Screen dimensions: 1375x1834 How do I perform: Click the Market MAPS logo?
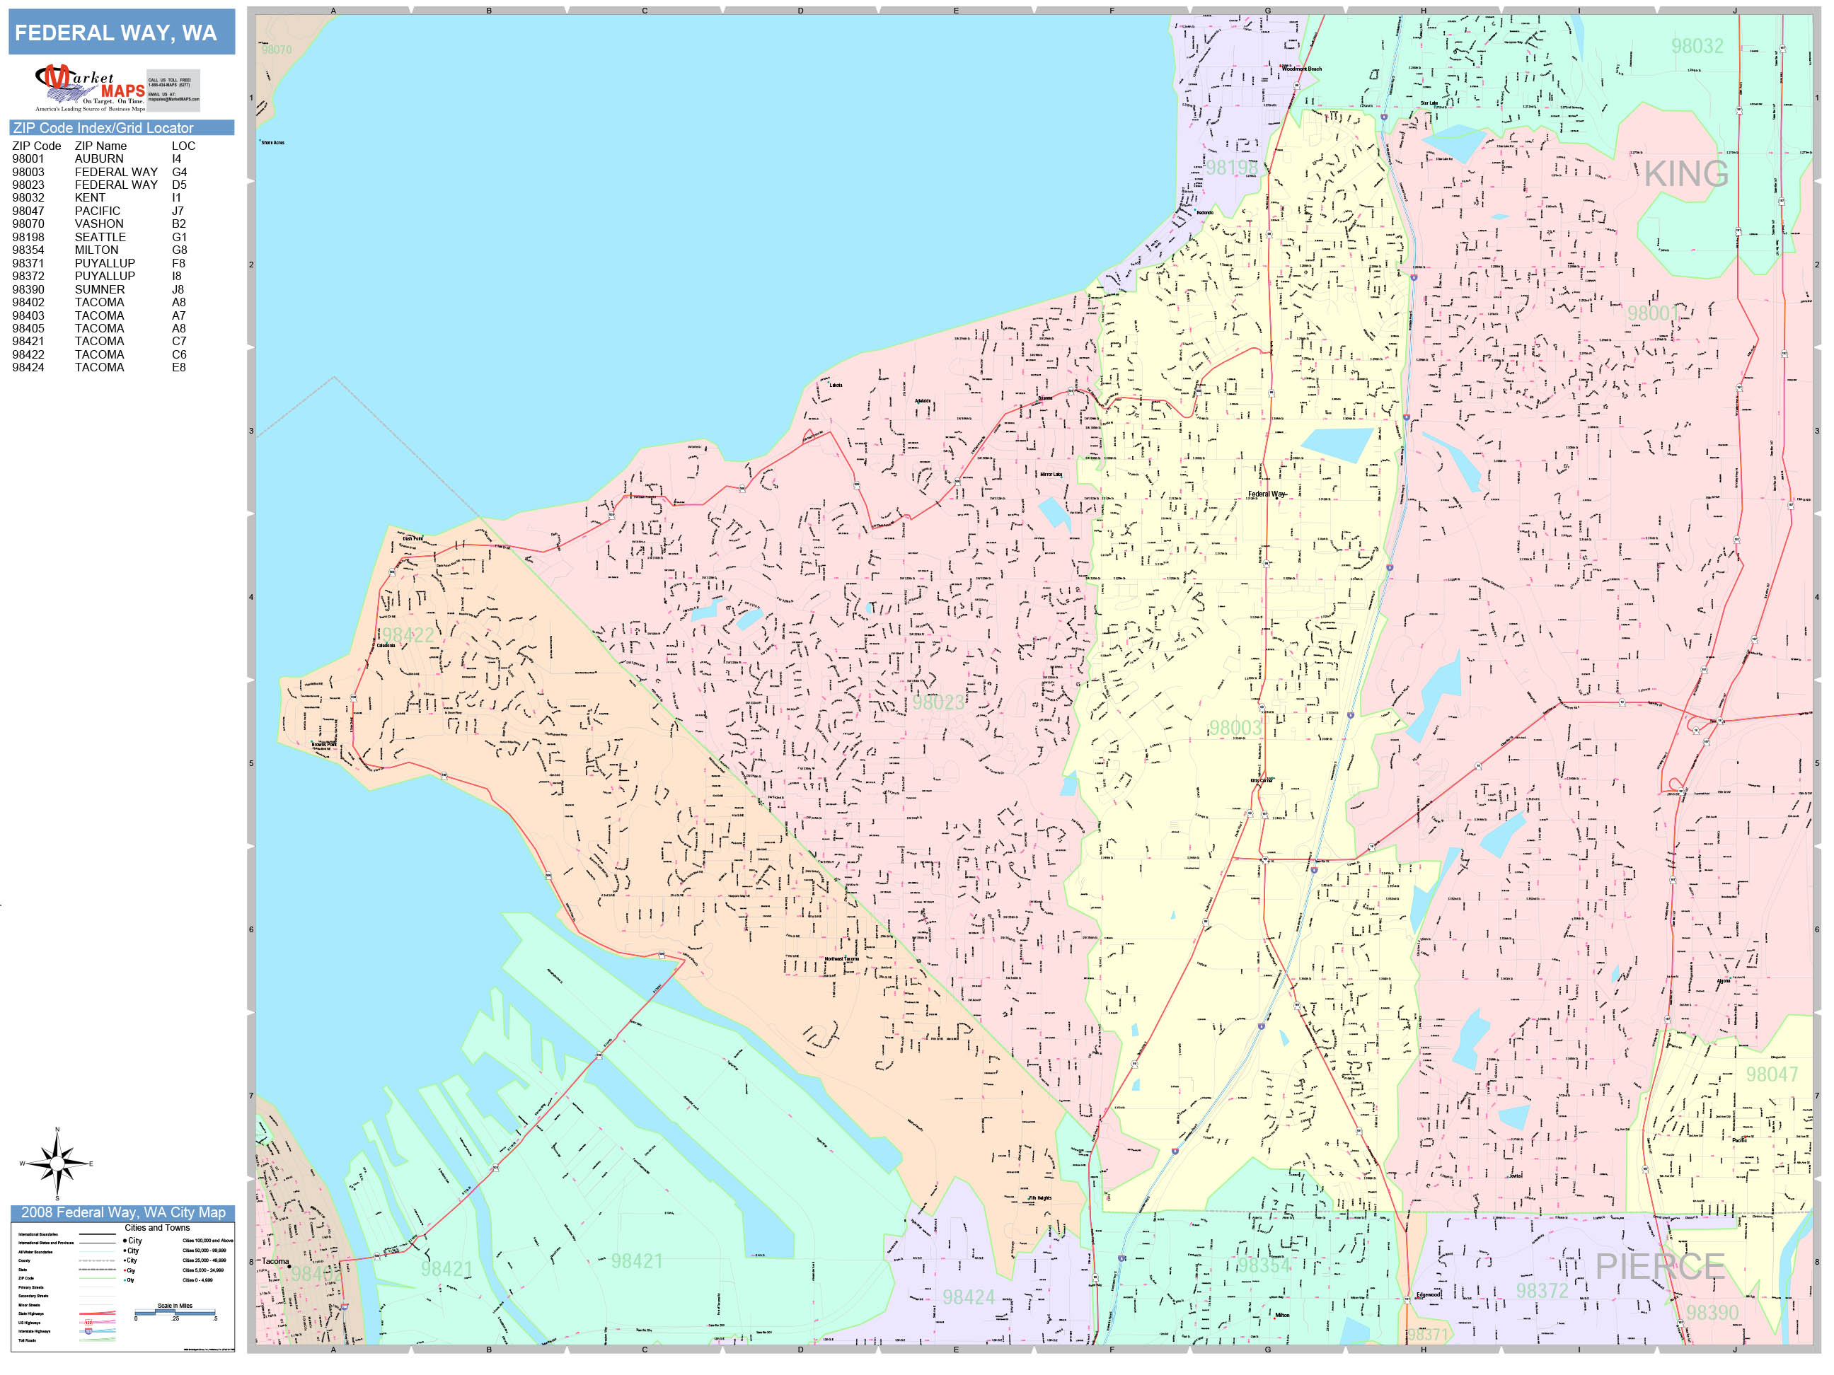[90, 88]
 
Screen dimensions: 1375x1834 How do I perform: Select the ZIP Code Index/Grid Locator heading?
[103, 127]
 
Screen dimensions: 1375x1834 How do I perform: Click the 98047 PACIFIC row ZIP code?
[28, 211]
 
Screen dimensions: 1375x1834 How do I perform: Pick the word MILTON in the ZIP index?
[96, 250]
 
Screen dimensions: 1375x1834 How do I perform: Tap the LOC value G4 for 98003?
[179, 172]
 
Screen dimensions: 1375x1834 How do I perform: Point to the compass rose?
[57, 1164]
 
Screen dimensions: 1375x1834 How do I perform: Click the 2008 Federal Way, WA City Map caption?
[122, 1212]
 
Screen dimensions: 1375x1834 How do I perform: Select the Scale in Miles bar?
[175, 1311]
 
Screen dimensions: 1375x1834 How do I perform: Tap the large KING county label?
[1685, 174]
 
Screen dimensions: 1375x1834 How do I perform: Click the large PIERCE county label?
[1660, 1266]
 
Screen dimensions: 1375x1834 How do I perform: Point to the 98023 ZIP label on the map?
[938, 702]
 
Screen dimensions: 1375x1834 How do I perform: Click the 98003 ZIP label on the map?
[1235, 728]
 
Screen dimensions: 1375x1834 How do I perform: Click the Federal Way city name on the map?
[1266, 494]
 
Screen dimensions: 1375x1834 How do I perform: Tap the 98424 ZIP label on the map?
[967, 1297]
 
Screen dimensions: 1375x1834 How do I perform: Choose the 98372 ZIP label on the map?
[1541, 1290]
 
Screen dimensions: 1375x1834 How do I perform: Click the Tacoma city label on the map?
[275, 1261]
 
